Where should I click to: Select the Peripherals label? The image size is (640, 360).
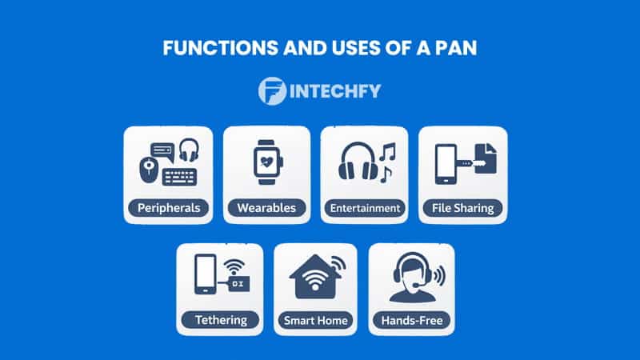click(168, 208)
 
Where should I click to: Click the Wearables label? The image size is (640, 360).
click(266, 208)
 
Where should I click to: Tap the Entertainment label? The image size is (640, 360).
click(365, 208)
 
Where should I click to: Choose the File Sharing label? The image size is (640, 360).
click(463, 208)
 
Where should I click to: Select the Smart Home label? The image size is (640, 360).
click(316, 321)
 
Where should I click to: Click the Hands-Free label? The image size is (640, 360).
click(412, 321)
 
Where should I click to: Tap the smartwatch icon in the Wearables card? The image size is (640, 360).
click(266, 162)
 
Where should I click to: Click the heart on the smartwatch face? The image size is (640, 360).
click(266, 162)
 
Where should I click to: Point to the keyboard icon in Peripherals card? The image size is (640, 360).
click(181, 176)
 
